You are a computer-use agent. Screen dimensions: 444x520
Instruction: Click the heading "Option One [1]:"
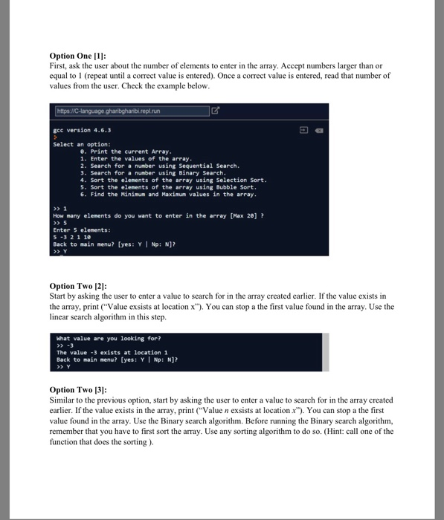point(77,56)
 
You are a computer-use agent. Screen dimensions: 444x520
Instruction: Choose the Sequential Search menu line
point(148,166)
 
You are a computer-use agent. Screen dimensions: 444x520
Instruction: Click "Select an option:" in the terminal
point(82,144)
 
